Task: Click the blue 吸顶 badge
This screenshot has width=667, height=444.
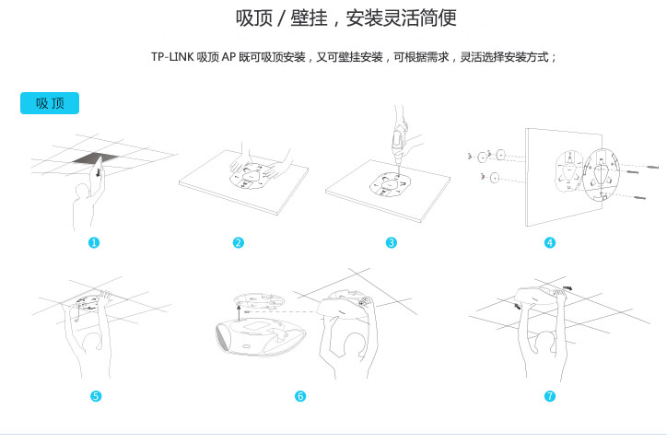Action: (50, 103)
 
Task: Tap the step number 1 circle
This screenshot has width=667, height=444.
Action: (94, 242)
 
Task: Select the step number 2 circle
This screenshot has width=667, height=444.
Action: (239, 242)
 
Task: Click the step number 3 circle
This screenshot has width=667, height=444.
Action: (391, 242)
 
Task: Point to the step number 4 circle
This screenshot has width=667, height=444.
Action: (550, 242)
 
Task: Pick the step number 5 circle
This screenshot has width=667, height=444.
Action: (96, 396)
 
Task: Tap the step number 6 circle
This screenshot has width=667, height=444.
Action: (300, 396)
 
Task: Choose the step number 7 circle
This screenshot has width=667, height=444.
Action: (550, 396)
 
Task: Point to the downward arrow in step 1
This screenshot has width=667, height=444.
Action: (99, 172)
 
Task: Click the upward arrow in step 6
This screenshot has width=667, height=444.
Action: (239, 312)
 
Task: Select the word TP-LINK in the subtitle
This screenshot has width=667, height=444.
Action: (172, 57)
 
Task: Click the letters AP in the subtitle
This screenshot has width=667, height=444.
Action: (228, 57)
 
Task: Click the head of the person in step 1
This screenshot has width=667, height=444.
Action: (83, 192)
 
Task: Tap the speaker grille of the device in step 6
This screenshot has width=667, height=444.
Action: (222, 337)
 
